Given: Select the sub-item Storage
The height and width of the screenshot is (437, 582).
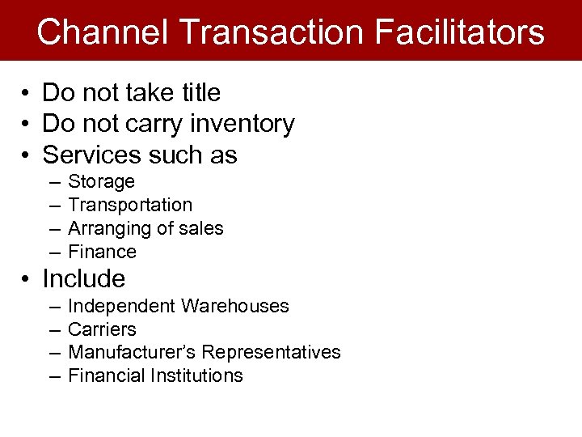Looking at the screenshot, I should (x=101, y=182).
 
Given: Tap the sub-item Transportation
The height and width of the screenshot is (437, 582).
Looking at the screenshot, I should (x=130, y=206).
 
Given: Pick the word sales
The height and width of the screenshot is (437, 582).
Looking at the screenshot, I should (x=201, y=229).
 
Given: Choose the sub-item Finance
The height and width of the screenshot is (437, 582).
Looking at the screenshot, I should (x=102, y=252).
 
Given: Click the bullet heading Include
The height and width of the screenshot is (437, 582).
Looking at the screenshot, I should (x=83, y=279).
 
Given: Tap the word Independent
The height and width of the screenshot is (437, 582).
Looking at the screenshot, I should (x=121, y=307).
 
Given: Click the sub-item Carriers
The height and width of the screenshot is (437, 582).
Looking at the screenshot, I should (x=102, y=330).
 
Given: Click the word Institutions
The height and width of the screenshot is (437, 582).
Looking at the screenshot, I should (x=194, y=376).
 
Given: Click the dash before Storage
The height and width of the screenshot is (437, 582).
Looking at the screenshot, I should (x=53, y=182).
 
